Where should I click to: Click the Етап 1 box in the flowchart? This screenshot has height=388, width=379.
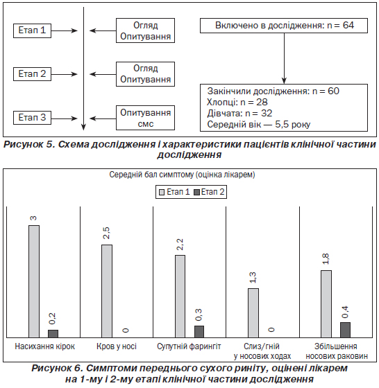point(32,30)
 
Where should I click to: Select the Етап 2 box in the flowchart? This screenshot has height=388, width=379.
point(32,74)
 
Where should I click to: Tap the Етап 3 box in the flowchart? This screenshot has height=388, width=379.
point(32,118)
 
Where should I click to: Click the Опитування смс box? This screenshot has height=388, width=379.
point(145,118)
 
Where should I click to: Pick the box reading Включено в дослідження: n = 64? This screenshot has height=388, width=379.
point(284,26)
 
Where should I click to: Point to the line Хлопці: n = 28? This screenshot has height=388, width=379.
point(237,103)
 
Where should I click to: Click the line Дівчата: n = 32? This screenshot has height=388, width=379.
point(239,114)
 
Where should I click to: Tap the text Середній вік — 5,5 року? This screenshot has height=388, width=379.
point(258,125)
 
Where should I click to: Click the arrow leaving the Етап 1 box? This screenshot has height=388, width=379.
point(65,30)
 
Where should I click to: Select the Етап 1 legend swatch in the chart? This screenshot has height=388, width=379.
point(162,193)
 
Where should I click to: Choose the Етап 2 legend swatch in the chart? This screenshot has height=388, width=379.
point(196,193)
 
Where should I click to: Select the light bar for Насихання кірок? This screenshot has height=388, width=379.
point(34,281)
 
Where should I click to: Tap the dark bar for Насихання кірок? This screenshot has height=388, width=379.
point(53,333)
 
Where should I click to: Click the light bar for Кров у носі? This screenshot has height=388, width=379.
point(107,291)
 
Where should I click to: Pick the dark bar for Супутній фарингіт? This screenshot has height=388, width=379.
point(199,332)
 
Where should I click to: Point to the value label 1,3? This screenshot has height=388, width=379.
point(253,278)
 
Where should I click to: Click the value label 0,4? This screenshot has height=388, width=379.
point(345,312)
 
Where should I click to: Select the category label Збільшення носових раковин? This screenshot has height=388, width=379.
point(337,351)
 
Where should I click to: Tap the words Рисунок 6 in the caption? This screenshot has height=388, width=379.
point(57,369)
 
